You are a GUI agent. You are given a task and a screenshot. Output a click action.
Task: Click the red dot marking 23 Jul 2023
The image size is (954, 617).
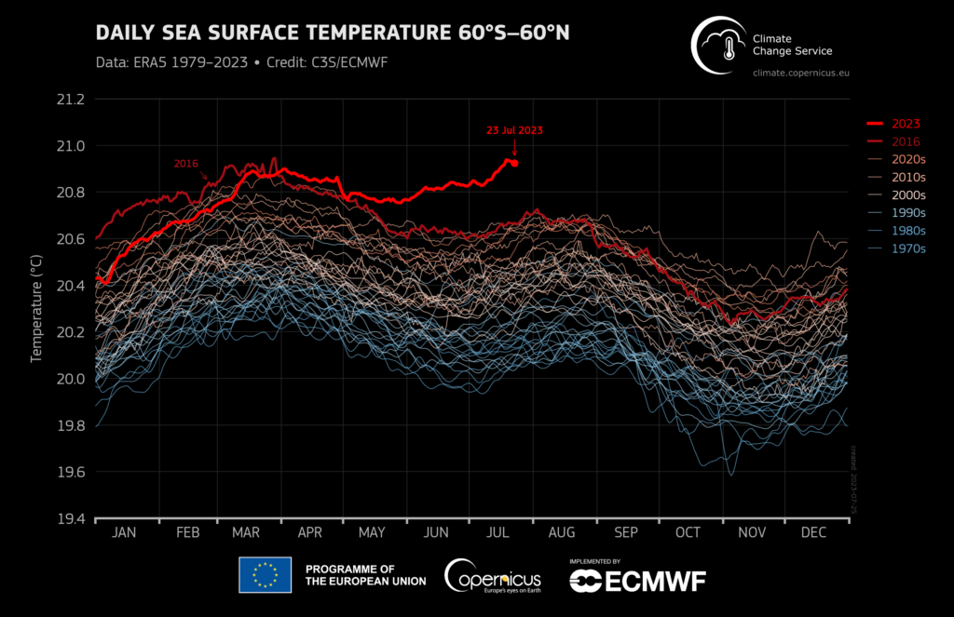click(x=514, y=163)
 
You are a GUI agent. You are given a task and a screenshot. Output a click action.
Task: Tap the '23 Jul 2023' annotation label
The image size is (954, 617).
click(x=513, y=130)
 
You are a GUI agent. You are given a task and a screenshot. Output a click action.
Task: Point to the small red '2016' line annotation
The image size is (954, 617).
click(x=186, y=164)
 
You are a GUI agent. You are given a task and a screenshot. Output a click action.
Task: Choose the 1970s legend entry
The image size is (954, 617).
click(x=907, y=248)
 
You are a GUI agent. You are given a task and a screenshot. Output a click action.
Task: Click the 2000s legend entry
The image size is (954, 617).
click(x=907, y=195)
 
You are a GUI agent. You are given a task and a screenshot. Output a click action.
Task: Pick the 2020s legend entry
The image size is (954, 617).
click(x=907, y=160)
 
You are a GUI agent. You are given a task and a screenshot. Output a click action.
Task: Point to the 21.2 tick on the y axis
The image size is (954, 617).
click(x=70, y=100)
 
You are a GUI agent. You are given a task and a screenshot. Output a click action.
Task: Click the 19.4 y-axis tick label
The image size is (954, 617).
click(x=70, y=519)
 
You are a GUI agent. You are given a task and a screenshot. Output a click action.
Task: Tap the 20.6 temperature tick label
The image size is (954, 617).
click(x=70, y=239)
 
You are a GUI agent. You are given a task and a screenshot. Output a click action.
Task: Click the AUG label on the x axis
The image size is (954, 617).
click(x=562, y=532)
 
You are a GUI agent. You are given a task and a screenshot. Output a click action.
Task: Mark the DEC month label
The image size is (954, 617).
click(x=813, y=532)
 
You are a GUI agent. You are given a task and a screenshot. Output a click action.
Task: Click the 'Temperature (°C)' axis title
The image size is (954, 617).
click(x=38, y=308)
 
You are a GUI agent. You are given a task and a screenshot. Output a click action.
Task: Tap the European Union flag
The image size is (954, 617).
click(x=265, y=575)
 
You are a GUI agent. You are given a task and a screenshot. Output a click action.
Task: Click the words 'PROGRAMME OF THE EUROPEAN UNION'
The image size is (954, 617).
click(x=365, y=575)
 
